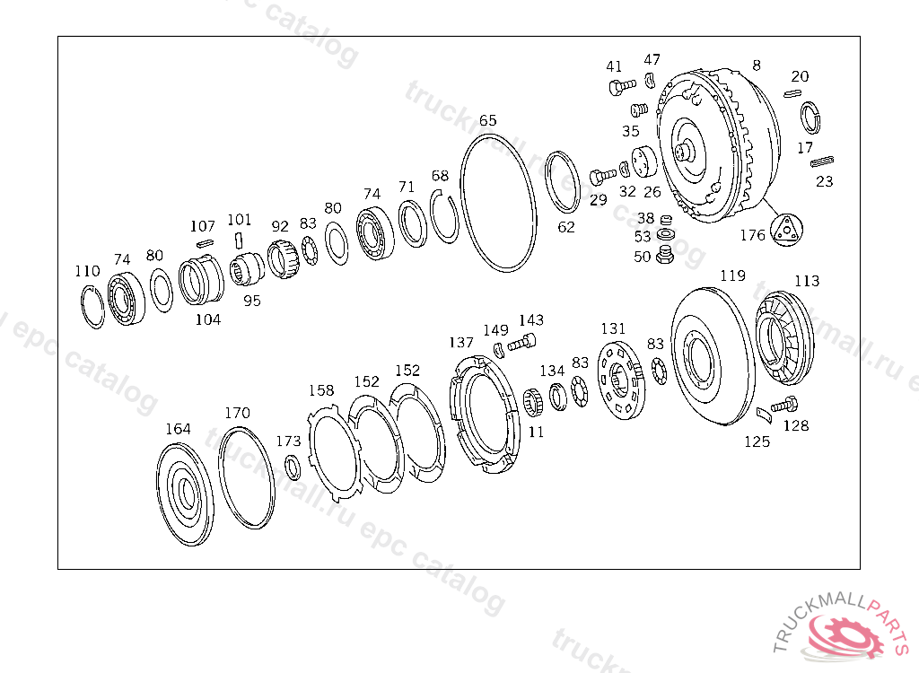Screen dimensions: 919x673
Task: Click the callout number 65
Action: coord(487,120)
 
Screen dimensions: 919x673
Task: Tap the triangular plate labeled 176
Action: coord(786,230)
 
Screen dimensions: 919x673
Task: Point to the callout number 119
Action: coord(732,275)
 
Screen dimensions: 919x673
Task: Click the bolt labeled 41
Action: coord(622,87)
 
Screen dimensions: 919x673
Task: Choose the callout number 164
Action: coord(178,429)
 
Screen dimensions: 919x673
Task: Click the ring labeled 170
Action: coord(221,477)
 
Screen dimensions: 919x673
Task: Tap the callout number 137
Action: coord(460,343)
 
